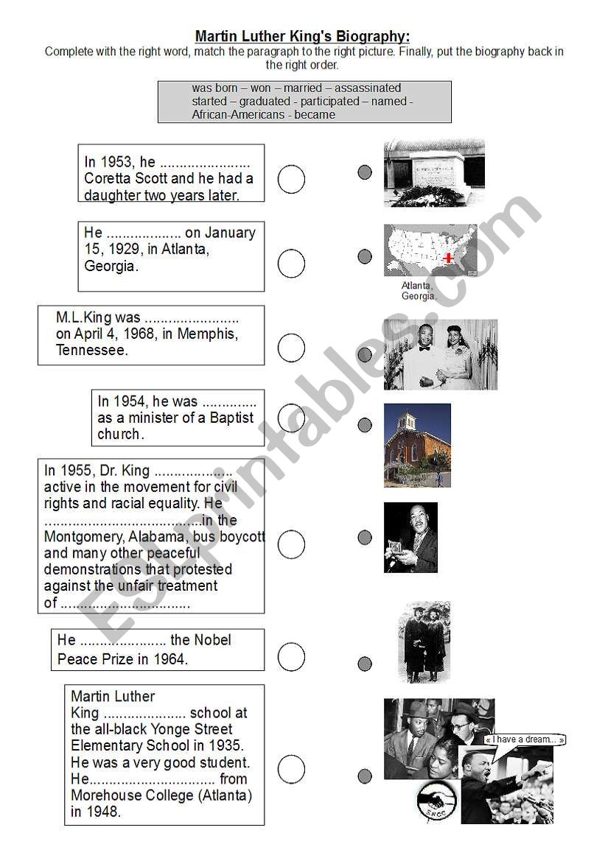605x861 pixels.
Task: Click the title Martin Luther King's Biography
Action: (302, 36)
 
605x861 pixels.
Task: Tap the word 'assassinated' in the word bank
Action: (368, 88)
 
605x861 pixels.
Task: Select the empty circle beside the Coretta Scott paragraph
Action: (291, 179)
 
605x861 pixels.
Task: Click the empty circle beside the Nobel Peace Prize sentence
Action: (291, 656)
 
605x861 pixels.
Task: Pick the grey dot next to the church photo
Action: (365, 425)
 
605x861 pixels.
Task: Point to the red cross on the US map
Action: (448, 258)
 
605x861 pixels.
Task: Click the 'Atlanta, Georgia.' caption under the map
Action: (419, 291)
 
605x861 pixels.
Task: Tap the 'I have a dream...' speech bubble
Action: (525, 739)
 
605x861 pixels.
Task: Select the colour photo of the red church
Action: (417, 445)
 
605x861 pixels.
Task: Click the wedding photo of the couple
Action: (440, 354)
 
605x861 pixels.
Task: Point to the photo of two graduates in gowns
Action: (424, 642)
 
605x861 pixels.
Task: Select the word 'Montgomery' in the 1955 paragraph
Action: (81, 537)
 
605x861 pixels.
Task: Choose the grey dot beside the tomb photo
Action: (365, 172)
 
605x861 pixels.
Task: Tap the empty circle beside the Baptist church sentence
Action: (291, 418)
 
